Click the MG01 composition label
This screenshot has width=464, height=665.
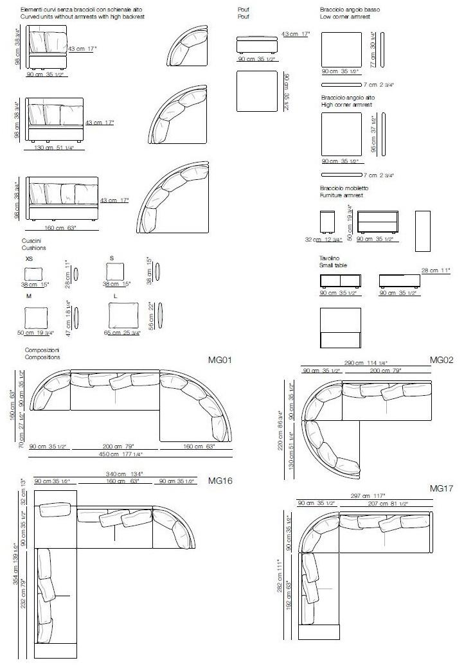(x=220, y=360)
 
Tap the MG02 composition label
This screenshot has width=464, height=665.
(x=442, y=360)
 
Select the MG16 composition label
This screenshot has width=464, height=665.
(x=219, y=480)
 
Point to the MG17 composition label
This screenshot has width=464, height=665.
(x=442, y=489)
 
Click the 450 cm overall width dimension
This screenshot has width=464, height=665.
(x=123, y=454)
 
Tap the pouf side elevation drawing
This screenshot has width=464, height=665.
(x=256, y=45)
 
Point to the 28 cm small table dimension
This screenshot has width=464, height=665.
(x=429, y=270)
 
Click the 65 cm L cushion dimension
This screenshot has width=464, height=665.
(x=116, y=333)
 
